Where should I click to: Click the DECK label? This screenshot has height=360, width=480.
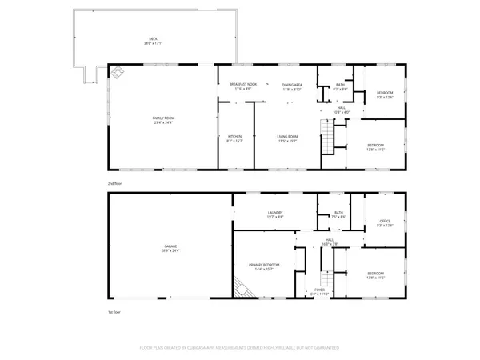pos(153,40)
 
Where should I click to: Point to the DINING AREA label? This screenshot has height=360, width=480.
pos(291,86)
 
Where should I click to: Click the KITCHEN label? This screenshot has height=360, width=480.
pos(235,138)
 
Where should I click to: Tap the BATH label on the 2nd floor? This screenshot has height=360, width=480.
pos(339,86)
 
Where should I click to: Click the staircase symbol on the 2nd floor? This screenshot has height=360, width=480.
pos(326,138)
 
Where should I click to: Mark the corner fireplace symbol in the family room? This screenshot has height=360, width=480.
pos(118,74)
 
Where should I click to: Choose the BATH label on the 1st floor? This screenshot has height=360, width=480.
pos(338,214)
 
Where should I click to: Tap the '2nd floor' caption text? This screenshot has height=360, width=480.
pos(115,183)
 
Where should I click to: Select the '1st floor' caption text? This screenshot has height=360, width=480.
pos(115,313)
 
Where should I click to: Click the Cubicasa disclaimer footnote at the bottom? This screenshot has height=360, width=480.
pos(240,348)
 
